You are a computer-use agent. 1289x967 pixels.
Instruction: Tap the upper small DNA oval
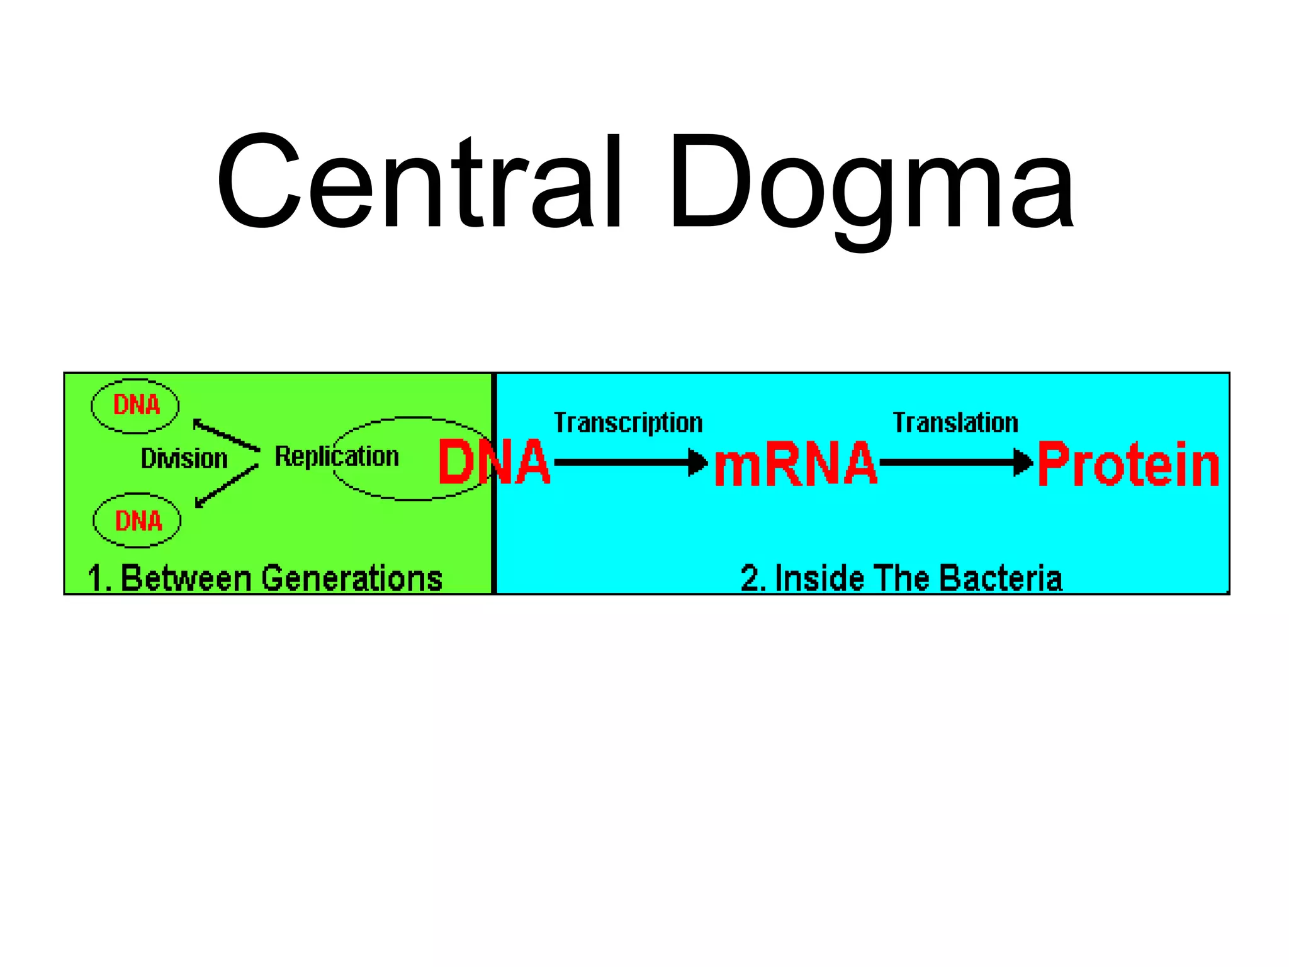pos(135,406)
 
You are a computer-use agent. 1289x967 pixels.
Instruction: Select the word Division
pos(184,459)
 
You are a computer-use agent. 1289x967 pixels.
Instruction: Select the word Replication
pos(337,456)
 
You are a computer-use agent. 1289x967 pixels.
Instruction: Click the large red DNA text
pos(494,463)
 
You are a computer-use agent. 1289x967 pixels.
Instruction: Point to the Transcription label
pos(628,423)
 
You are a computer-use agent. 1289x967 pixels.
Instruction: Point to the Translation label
pos(955,422)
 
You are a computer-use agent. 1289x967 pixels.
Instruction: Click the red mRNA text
pos(796,465)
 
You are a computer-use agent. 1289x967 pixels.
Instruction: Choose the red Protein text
pos(1129,465)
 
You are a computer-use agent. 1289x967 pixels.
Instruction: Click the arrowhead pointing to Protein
pos(1023,463)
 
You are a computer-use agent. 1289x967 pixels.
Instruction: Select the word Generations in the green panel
pos(352,579)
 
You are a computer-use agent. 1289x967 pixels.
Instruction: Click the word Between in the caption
pos(186,579)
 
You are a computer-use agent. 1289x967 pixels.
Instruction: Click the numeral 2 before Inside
pos(750,579)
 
